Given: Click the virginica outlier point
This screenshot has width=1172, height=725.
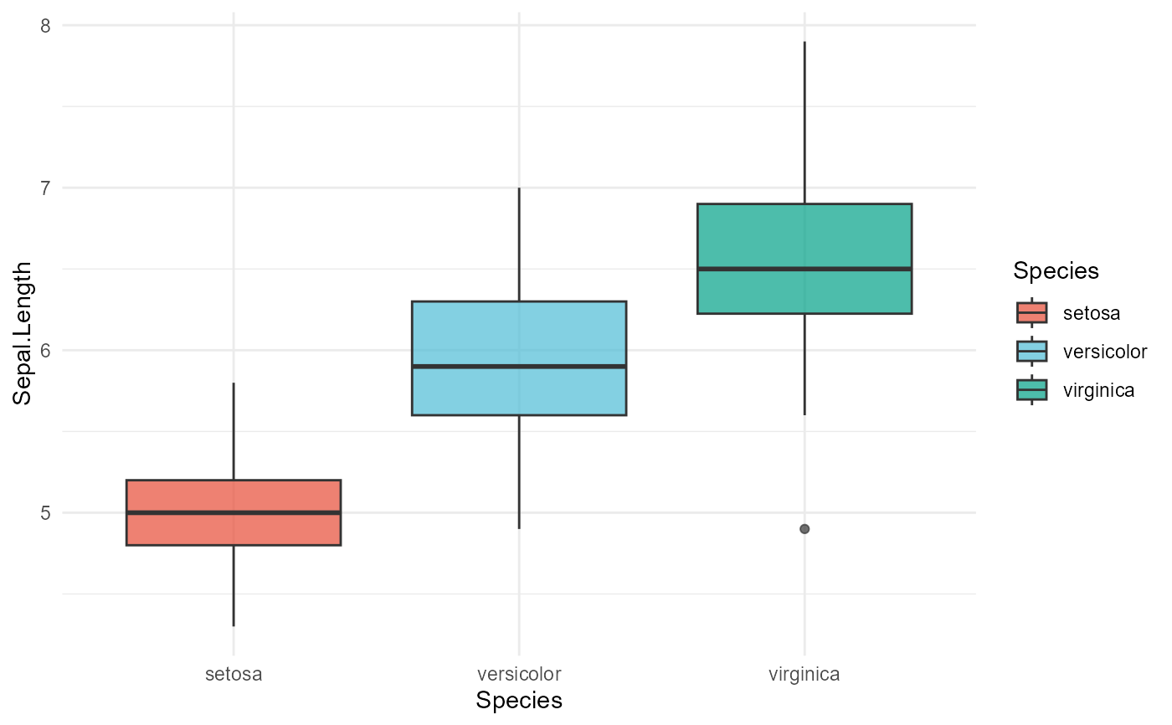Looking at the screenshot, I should (804, 529).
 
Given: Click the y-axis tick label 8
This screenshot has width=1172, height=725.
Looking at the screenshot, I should (45, 26).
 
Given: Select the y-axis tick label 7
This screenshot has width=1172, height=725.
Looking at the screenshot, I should (45, 188).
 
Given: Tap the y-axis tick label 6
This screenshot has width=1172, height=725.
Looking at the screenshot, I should (45, 350).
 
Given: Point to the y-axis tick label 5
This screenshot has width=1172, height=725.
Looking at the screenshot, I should (45, 512).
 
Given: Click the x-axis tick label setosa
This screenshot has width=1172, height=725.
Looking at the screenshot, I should (233, 674).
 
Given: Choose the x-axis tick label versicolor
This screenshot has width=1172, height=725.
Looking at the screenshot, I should (519, 674).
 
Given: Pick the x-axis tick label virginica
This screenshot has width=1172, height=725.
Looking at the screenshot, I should (804, 674).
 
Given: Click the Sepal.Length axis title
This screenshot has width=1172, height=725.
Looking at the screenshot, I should (22, 333).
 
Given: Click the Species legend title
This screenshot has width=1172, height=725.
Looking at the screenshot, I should (1055, 271).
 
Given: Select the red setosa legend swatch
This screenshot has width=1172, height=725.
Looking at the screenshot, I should (1031, 313).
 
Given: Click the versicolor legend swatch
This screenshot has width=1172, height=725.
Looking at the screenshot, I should (1031, 351).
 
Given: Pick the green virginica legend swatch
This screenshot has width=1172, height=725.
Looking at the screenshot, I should (1031, 389).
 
